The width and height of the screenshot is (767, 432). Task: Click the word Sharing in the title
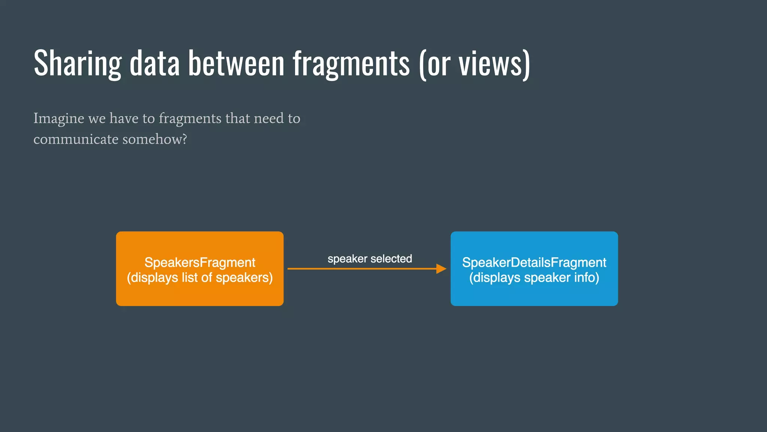(x=78, y=64)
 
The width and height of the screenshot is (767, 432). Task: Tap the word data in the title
(x=155, y=64)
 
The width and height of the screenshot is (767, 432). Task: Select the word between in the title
(x=236, y=64)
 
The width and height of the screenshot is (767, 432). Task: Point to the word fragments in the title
(x=351, y=64)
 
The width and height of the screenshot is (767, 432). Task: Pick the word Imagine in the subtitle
(x=59, y=118)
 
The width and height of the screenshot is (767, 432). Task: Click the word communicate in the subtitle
(x=76, y=139)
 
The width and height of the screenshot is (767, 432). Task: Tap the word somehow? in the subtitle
(x=155, y=139)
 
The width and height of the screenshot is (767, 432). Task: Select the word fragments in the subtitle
(x=190, y=118)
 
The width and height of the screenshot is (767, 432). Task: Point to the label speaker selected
(x=370, y=259)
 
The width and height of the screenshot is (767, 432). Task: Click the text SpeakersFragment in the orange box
(x=200, y=262)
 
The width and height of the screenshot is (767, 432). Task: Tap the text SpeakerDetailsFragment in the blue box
(x=534, y=262)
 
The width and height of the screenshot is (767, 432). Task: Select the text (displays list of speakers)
(x=200, y=277)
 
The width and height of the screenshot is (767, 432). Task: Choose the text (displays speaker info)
(x=534, y=277)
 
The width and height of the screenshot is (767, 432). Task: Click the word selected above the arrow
(x=391, y=259)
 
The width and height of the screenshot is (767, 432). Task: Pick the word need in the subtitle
(x=269, y=118)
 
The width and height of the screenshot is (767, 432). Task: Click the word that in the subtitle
(x=238, y=118)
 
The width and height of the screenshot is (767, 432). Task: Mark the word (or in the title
(x=434, y=64)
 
